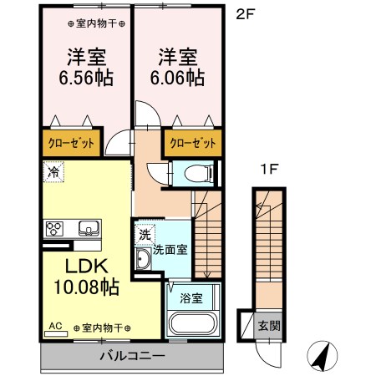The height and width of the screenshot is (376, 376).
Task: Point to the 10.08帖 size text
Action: (x=88, y=288)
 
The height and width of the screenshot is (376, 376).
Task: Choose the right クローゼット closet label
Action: (x=192, y=142)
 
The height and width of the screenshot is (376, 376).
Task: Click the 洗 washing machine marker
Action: (x=145, y=235)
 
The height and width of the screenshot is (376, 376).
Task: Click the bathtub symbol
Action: (x=191, y=324)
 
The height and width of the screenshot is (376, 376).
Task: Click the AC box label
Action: (x=56, y=327)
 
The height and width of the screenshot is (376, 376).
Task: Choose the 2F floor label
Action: (x=243, y=13)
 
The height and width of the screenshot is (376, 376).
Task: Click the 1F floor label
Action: (x=267, y=169)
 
